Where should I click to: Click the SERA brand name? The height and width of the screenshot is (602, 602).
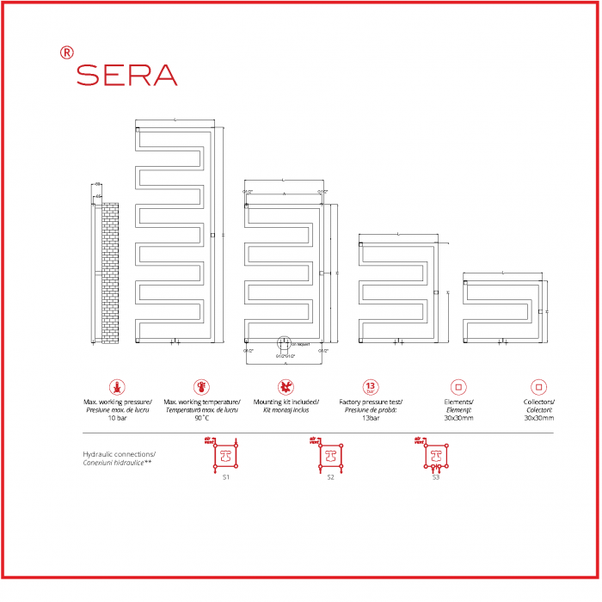coord(126,75)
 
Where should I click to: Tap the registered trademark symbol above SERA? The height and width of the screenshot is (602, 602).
coord(67,52)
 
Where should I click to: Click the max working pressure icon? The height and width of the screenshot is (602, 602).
coord(117,387)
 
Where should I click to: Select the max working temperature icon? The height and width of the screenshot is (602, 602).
coord(201,387)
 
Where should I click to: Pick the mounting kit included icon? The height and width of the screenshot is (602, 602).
coord(286,387)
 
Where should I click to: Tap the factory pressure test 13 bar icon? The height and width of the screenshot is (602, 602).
coord(370,387)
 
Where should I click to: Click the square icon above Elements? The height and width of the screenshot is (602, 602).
coord(458,387)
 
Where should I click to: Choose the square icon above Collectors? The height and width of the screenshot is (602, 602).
coord(538,387)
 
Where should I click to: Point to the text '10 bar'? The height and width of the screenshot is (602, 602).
coord(117,418)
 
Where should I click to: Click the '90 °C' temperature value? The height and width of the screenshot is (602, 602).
coord(201,418)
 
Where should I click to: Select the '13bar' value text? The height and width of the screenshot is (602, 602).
coord(370,418)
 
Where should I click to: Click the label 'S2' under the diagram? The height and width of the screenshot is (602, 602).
coord(329,476)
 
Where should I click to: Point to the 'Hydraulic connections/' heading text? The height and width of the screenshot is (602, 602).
coord(119,453)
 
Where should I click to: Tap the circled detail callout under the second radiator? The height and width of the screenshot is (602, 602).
coord(285,345)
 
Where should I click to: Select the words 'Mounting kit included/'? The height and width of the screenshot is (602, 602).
coord(286,402)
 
